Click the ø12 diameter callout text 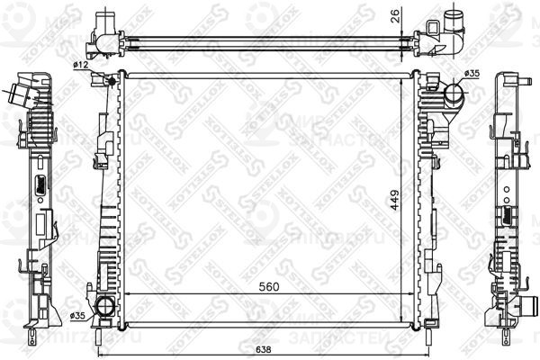tap(79, 66)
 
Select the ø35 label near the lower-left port tap(77, 316)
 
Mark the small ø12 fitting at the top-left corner tap(111, 82)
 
